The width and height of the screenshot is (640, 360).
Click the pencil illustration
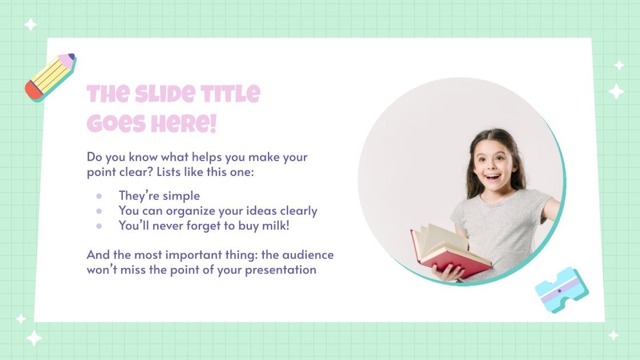click(x=50, y=77)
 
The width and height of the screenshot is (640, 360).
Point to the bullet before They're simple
click(x=99, y=196)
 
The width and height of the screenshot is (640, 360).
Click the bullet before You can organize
click(x=99, y=211)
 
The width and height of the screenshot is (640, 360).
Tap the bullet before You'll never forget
click(x=99, y=226)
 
